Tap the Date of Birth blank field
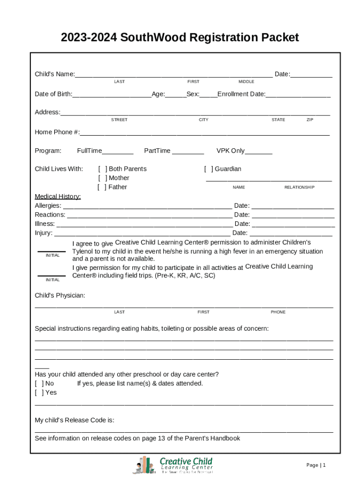tap(112, 95)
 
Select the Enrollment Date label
tap(241, 94)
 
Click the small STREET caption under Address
tap(119, 120)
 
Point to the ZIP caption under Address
tap(310, 120)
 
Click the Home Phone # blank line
tap(205, 133)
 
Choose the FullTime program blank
tap(117, 152)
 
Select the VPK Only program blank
tap(258, 152)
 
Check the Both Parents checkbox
tap(102, 169)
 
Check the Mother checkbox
tap(102, 178)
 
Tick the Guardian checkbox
tap(209, 169)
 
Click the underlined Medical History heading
tap(58, 196)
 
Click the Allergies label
tap(48, 205)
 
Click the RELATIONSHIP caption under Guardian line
tap(299, 187)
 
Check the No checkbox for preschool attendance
tap(39, 384)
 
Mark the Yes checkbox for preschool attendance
tap(39, 392)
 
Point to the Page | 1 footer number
tap(316, 465)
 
